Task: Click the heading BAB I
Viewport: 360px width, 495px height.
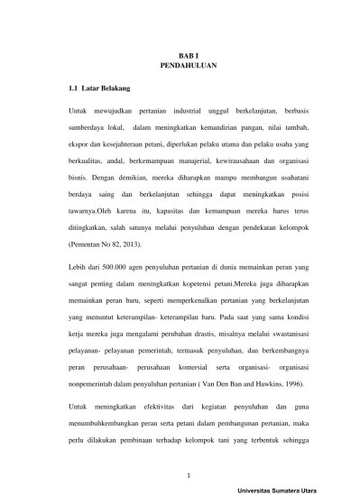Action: (180, 56)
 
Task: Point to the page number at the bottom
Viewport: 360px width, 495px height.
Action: (180, 474)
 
